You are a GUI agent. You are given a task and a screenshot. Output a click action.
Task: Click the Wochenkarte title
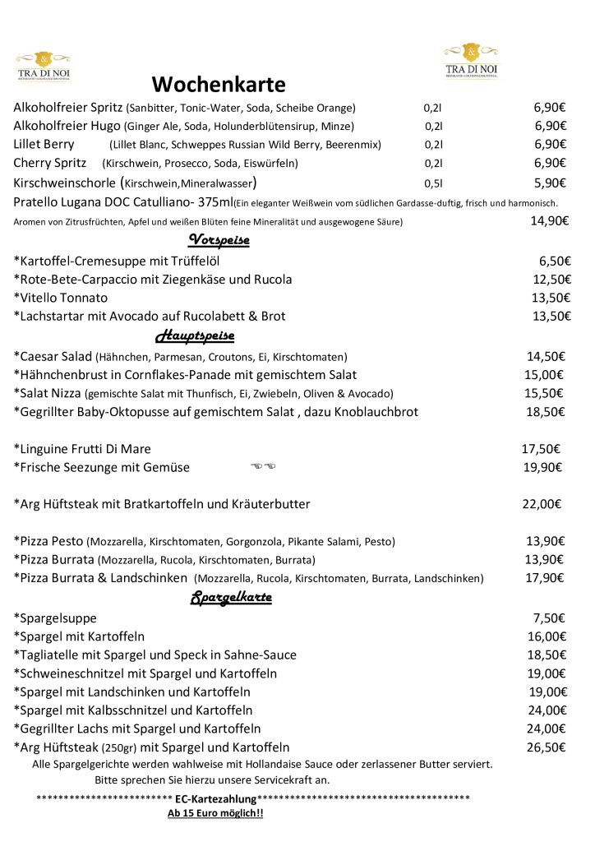point(219,85)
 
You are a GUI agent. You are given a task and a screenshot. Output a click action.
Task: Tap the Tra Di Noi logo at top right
point(471,61)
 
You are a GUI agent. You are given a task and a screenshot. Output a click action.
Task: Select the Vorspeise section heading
point(219,240)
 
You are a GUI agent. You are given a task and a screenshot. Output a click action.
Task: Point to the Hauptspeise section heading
point(195,336)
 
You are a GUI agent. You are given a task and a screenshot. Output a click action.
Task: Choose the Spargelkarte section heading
point(231,598)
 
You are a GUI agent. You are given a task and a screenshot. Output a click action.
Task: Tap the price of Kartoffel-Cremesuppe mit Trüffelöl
point(555,261)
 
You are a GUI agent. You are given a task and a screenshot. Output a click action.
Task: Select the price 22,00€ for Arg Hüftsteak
point(542,504)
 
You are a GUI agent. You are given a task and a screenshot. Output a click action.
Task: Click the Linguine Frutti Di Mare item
point(82,449)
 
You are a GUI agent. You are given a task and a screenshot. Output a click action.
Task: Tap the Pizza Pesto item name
point(48,541)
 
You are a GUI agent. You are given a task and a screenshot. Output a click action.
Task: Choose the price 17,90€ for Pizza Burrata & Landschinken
point(544,578)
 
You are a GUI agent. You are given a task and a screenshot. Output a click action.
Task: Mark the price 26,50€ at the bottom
point(547,747)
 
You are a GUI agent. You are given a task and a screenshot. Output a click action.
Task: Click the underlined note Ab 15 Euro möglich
point(215,813)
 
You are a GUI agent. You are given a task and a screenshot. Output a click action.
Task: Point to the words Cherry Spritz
point(50,163)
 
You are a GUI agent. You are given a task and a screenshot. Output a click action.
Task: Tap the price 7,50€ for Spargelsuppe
point(551,618)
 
